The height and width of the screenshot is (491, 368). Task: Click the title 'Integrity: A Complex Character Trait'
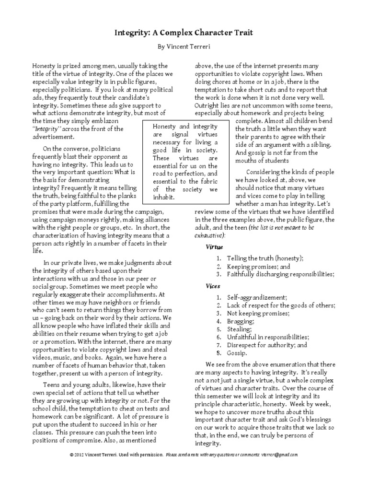(184, 33)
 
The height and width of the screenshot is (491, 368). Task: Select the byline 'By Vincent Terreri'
(184, 48)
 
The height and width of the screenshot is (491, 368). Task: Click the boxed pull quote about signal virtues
(185, 161)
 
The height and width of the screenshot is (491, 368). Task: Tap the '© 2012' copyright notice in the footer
(78, 454)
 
